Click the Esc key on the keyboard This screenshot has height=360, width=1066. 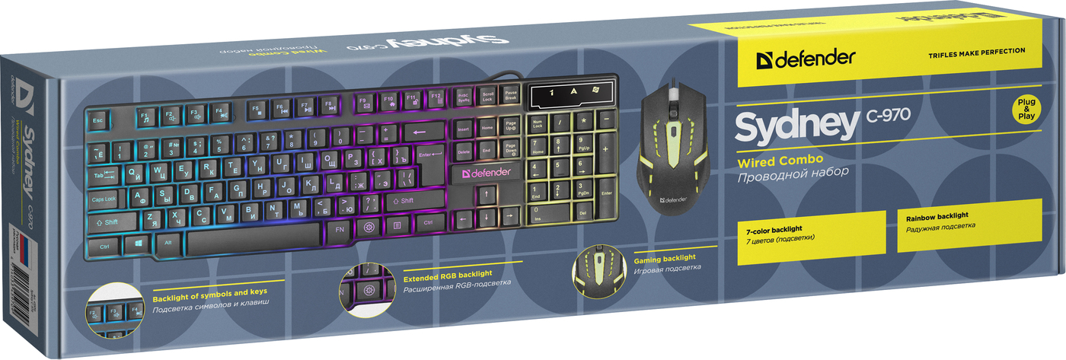97,120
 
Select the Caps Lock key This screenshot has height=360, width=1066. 104,199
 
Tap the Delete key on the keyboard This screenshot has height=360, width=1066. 463,152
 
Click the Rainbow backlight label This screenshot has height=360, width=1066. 936,218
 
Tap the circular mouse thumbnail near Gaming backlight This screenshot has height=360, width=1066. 598,271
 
